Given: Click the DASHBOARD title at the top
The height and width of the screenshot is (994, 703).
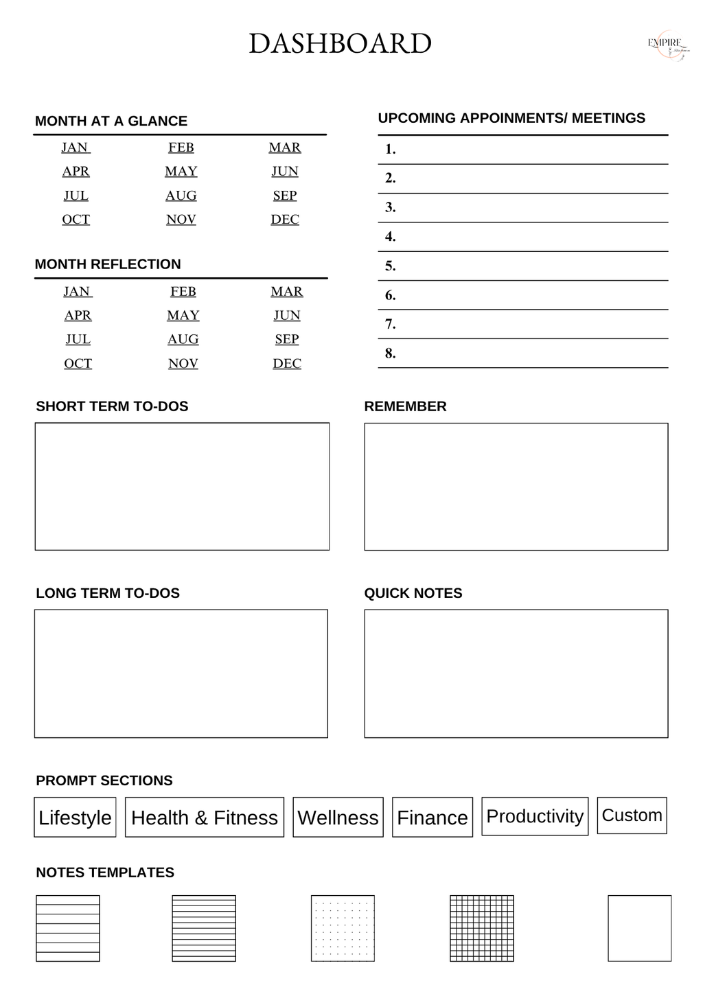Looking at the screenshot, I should pos(340,44).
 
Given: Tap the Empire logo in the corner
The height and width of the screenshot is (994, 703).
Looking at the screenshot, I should pos(665,44).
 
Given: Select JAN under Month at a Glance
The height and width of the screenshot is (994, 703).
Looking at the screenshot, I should pos(75,148).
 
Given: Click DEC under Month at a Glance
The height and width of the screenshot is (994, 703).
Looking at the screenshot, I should pos(285,220).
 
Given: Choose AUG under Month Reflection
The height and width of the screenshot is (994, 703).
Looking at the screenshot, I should pos(183,339).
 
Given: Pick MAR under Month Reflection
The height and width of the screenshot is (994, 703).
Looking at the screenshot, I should pos(287,292).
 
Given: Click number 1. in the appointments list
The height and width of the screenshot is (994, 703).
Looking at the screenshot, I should pos(391,150).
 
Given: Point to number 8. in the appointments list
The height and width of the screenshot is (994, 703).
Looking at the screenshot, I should pos(391,354).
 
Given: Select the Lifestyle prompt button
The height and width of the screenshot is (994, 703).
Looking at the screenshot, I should pos(75,817).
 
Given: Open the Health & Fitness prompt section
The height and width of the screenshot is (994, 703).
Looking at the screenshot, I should pos(205,817).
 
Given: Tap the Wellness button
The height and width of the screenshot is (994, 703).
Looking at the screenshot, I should pos(338,817).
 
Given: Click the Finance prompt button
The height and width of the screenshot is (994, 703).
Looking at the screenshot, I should pos(433,817).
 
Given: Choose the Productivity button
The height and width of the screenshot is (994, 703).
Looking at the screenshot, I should pos(535,816).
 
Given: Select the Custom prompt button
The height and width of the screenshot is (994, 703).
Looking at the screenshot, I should pos(632,815).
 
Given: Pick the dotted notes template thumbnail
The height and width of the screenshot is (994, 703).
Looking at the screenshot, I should pos(343,928).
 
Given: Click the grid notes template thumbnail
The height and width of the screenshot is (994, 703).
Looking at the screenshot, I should pos(482,928).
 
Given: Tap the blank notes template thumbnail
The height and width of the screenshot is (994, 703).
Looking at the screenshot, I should pos(639,928).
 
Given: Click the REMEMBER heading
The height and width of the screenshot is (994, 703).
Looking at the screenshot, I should pos(405,406).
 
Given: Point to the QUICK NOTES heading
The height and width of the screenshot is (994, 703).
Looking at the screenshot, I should pos(413,593).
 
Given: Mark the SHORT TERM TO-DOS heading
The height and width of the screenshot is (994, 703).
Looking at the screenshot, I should pos(112,406).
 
